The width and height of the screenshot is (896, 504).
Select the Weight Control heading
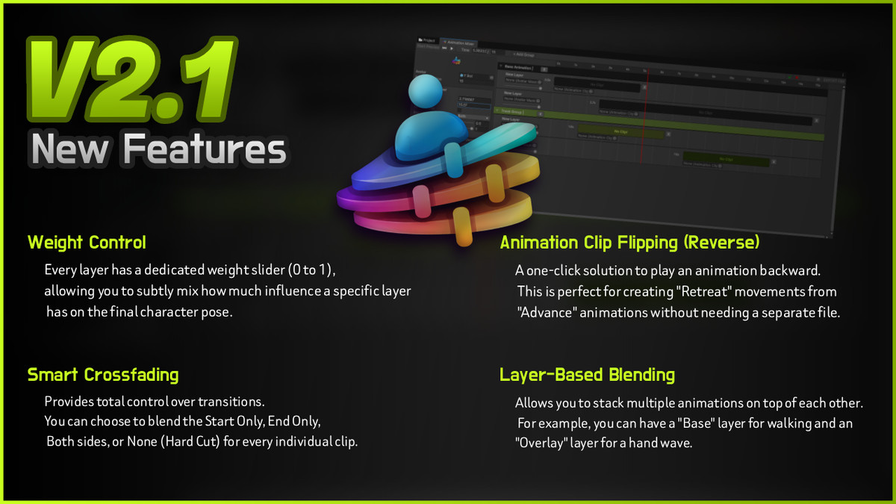(87, 243)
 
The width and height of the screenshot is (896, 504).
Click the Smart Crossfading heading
(103, 374)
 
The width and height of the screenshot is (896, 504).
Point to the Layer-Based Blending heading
(587, 375)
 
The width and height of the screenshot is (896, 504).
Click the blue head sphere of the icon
(427, 93)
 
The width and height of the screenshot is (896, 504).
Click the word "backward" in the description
(791, 270)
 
